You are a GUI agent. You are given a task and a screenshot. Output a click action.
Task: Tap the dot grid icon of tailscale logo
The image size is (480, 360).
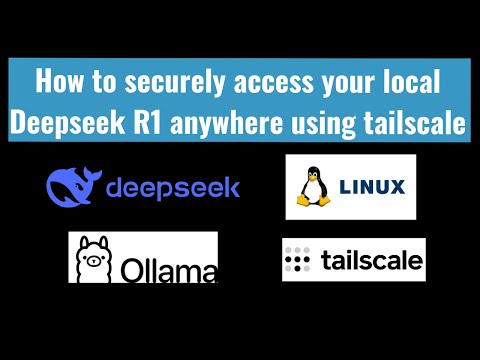point(299,260)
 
